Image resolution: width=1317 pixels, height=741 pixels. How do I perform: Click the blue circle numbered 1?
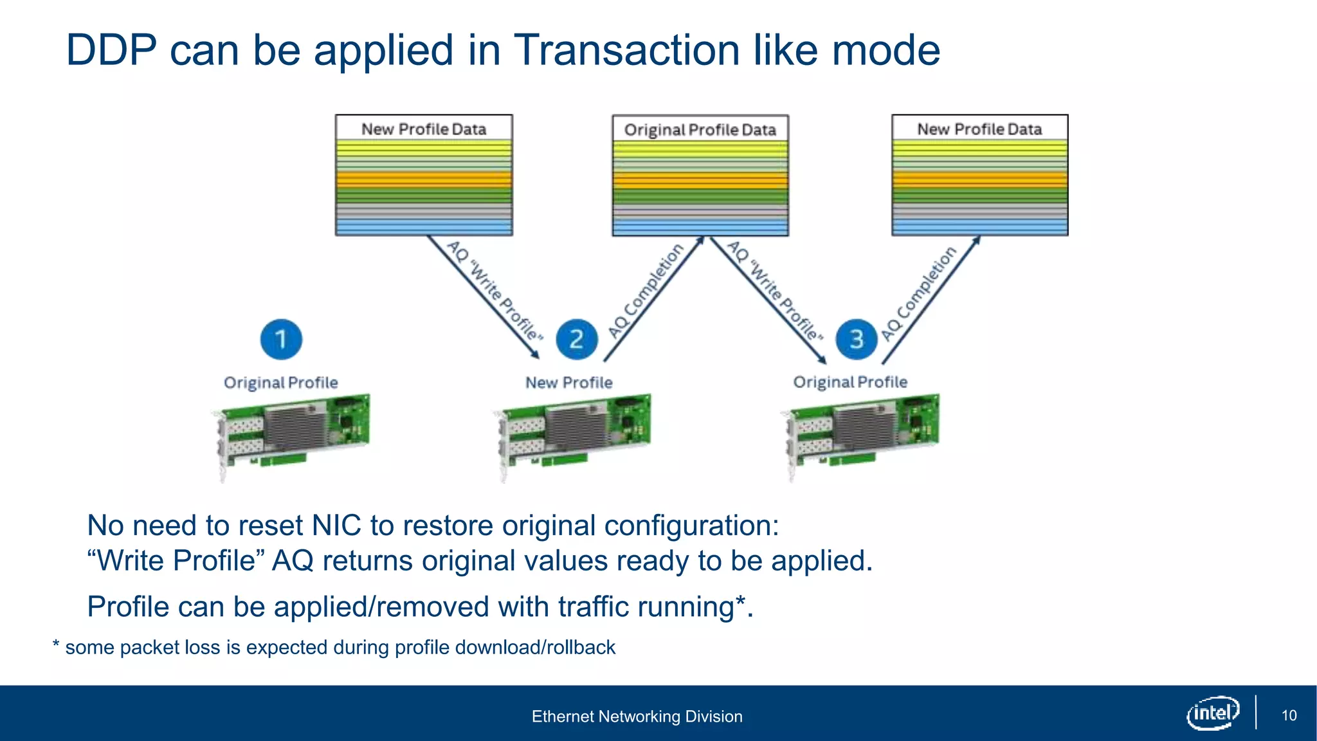(281, 339)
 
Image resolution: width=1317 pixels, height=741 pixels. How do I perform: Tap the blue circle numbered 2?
(576, 339)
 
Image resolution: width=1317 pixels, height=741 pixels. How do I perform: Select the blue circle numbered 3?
(857, 339)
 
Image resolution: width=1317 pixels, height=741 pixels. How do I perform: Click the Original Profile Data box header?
(700, 130)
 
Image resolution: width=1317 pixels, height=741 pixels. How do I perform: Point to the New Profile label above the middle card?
(568, 383)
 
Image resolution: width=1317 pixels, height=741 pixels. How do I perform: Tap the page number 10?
(1289, 715)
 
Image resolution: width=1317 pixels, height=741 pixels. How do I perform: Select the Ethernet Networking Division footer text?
(637, 717)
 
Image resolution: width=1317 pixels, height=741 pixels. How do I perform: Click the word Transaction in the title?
(627, 50)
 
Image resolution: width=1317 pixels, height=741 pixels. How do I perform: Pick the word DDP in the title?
(111, 50)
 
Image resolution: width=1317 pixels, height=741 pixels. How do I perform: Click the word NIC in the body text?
(336, 526)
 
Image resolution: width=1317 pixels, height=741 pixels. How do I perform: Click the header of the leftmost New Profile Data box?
(424, 129)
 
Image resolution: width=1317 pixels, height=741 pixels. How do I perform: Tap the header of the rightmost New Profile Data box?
(979, 129)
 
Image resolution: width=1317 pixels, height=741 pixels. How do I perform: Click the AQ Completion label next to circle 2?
(646, 291)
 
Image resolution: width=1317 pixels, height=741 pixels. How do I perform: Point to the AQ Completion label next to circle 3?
(918, 293)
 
